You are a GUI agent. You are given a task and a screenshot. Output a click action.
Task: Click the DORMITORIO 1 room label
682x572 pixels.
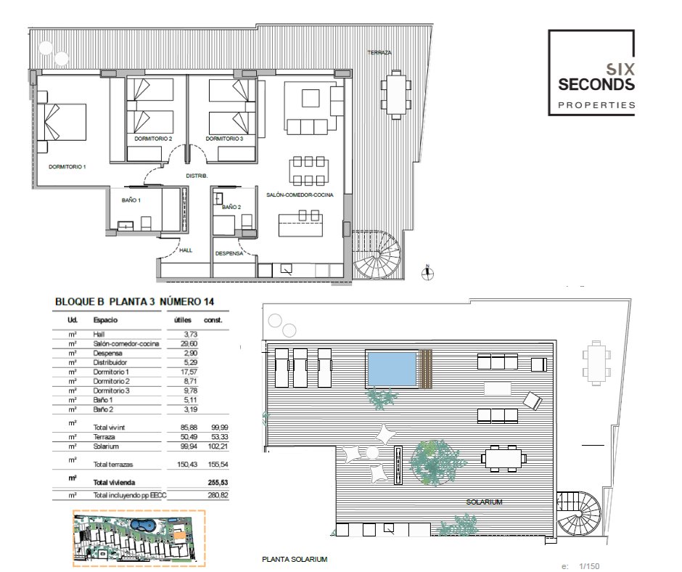[x=67, y=167]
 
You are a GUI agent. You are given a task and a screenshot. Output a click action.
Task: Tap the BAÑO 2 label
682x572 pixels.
[x=231, y=207]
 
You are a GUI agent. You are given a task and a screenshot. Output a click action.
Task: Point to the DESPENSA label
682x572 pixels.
[x=229, y=253]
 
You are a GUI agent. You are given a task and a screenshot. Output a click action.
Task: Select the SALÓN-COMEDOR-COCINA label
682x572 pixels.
[x=300, y=195]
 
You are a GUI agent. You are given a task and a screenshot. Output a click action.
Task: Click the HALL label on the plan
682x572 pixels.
[x=186, y=250]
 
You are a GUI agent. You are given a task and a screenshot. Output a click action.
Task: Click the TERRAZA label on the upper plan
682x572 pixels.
[x=379, y=53]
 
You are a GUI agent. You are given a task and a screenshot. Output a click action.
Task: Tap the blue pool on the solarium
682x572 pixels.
[x=392, y=369]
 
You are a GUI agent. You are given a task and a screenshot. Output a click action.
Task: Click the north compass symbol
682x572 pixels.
[x=428, y=273]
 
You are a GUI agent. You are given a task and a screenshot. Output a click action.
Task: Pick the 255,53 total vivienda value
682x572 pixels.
[x=218, y=482]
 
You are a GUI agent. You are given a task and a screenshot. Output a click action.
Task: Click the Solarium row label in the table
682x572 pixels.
[x=106, y=446]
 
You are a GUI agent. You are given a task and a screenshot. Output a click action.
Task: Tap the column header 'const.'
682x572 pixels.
[x=213, y=320]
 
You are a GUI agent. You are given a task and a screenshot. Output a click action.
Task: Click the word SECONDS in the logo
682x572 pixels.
[x=596, y=84]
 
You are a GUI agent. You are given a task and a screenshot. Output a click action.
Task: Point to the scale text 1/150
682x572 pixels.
[x=589, y=566]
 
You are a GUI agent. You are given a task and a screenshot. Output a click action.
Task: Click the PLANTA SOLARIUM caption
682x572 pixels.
[x=295, y=560]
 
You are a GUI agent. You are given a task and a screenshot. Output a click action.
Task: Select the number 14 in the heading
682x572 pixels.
[x=208, y=302]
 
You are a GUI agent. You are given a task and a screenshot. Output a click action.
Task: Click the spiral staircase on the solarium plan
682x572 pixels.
[x=579, y=514]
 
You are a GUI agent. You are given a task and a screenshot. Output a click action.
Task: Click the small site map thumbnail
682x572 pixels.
[x=139, y=538]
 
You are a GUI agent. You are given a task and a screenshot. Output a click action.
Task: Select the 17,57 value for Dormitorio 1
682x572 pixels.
[x=189, y=372]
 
